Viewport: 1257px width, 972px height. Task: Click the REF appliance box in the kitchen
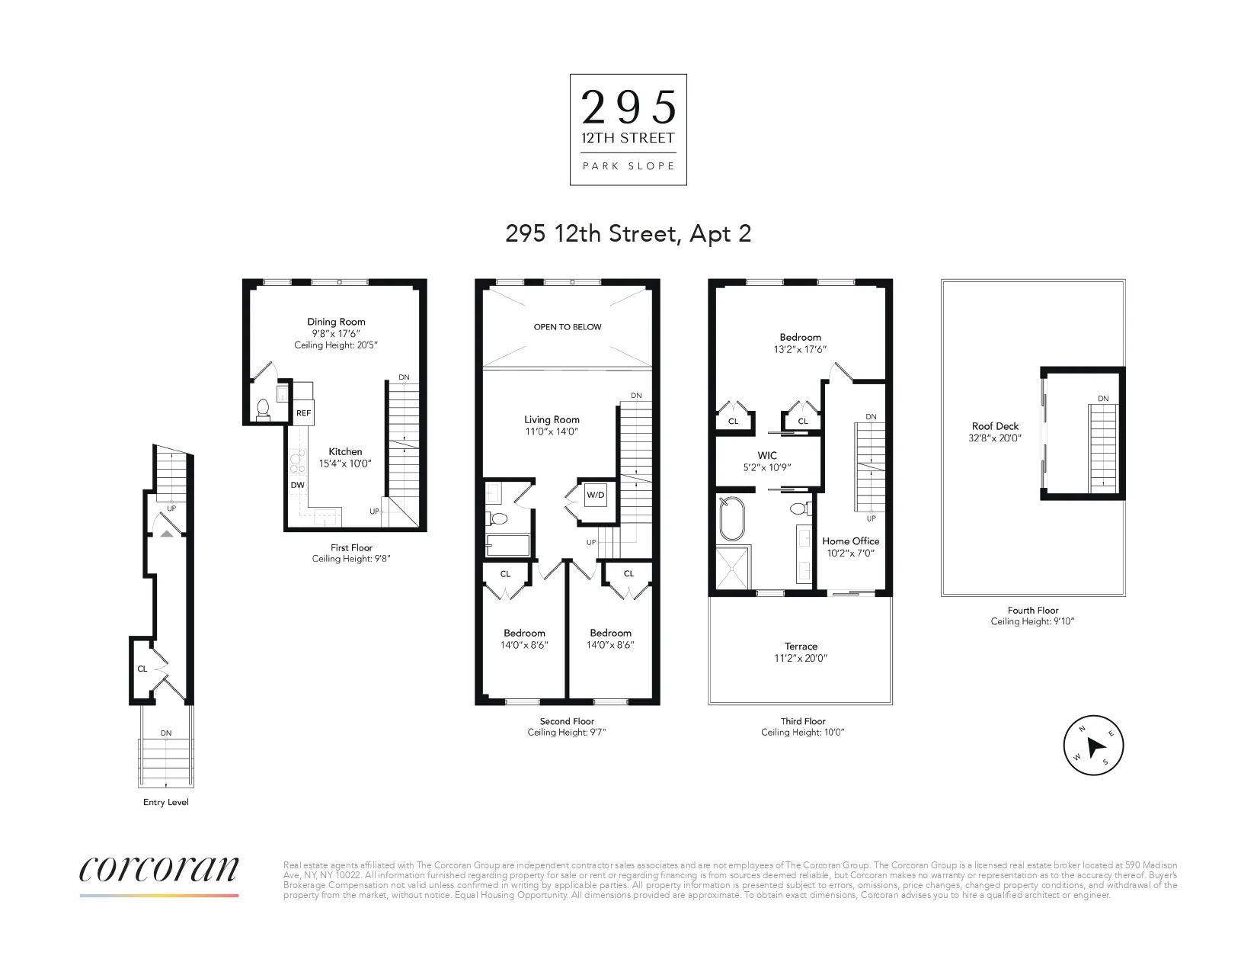(x=303, y=413)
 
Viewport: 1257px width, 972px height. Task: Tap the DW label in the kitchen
(x=297, y=485)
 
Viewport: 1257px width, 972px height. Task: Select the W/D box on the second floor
(x=595, y=496)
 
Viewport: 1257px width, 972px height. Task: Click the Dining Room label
(x=336, y=322)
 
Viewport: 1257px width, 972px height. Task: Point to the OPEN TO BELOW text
(x=568, y=327)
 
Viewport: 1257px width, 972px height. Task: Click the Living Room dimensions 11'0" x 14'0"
(x=552, y=431)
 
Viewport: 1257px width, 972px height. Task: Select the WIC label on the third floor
(x=767, y=455)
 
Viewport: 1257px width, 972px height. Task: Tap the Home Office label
(x=850, y=541)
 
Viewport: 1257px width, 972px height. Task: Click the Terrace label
(x=801, y=646)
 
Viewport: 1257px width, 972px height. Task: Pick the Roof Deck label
(x=995, y=426)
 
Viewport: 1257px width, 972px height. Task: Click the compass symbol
(x=1093, y=746)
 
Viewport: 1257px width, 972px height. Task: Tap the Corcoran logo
(x=159, y=871)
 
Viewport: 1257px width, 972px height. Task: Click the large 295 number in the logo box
(x=628, y=107)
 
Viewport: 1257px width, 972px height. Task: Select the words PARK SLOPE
(x=628, y=166)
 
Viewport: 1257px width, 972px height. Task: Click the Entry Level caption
(x=165, y=802)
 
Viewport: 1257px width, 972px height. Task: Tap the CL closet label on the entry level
(x=142, y=669)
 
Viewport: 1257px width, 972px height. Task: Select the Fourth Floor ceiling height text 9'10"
(x=1032, y=621)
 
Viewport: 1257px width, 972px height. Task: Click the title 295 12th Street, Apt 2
(x=628, y=233)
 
